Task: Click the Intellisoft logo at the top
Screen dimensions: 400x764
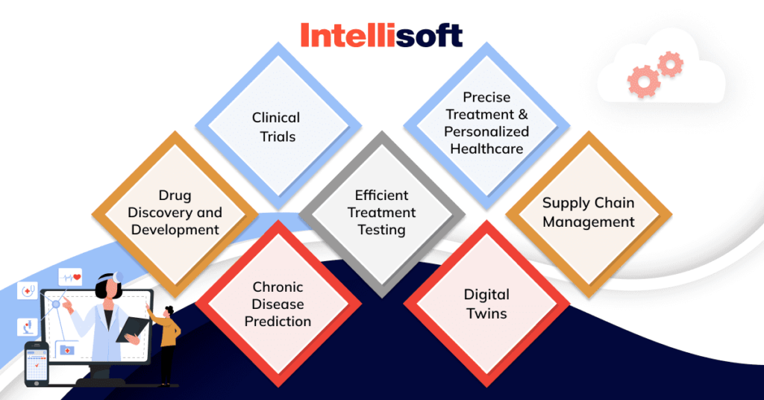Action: [381, 35]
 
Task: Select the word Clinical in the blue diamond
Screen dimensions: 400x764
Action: [276, 117]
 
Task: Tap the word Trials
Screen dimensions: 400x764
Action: [277, 136]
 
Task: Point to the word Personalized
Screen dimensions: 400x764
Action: [486, 131]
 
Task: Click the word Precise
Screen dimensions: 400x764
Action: [486, 97]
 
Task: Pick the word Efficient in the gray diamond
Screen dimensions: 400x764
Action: [381, 196]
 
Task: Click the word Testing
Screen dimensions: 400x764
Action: [381, 230]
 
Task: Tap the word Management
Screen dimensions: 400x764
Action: [589, 222]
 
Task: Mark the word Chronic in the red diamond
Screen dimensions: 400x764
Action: [278, 287]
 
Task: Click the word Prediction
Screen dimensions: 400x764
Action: [278, 322]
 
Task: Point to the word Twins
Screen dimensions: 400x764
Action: [486, 313]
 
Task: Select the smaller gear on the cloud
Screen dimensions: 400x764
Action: [670, 64]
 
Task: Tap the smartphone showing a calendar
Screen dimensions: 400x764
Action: [37, 363]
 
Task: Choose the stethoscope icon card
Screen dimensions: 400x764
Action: [28, 290]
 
